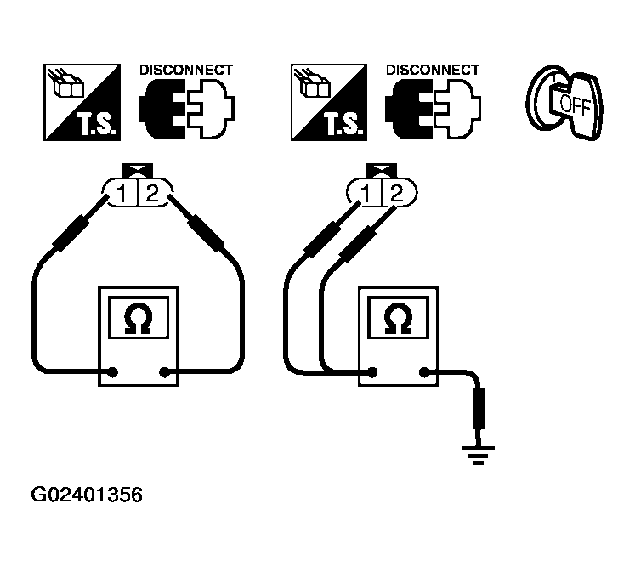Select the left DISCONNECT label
[x=185, y=70]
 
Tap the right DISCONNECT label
[x=433, y=70]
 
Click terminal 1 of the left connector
[x=124, y=194]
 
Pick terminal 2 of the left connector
[x=151, y=194]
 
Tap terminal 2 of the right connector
[x=395, y=194]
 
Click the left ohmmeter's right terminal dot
[x=164, y=371]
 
